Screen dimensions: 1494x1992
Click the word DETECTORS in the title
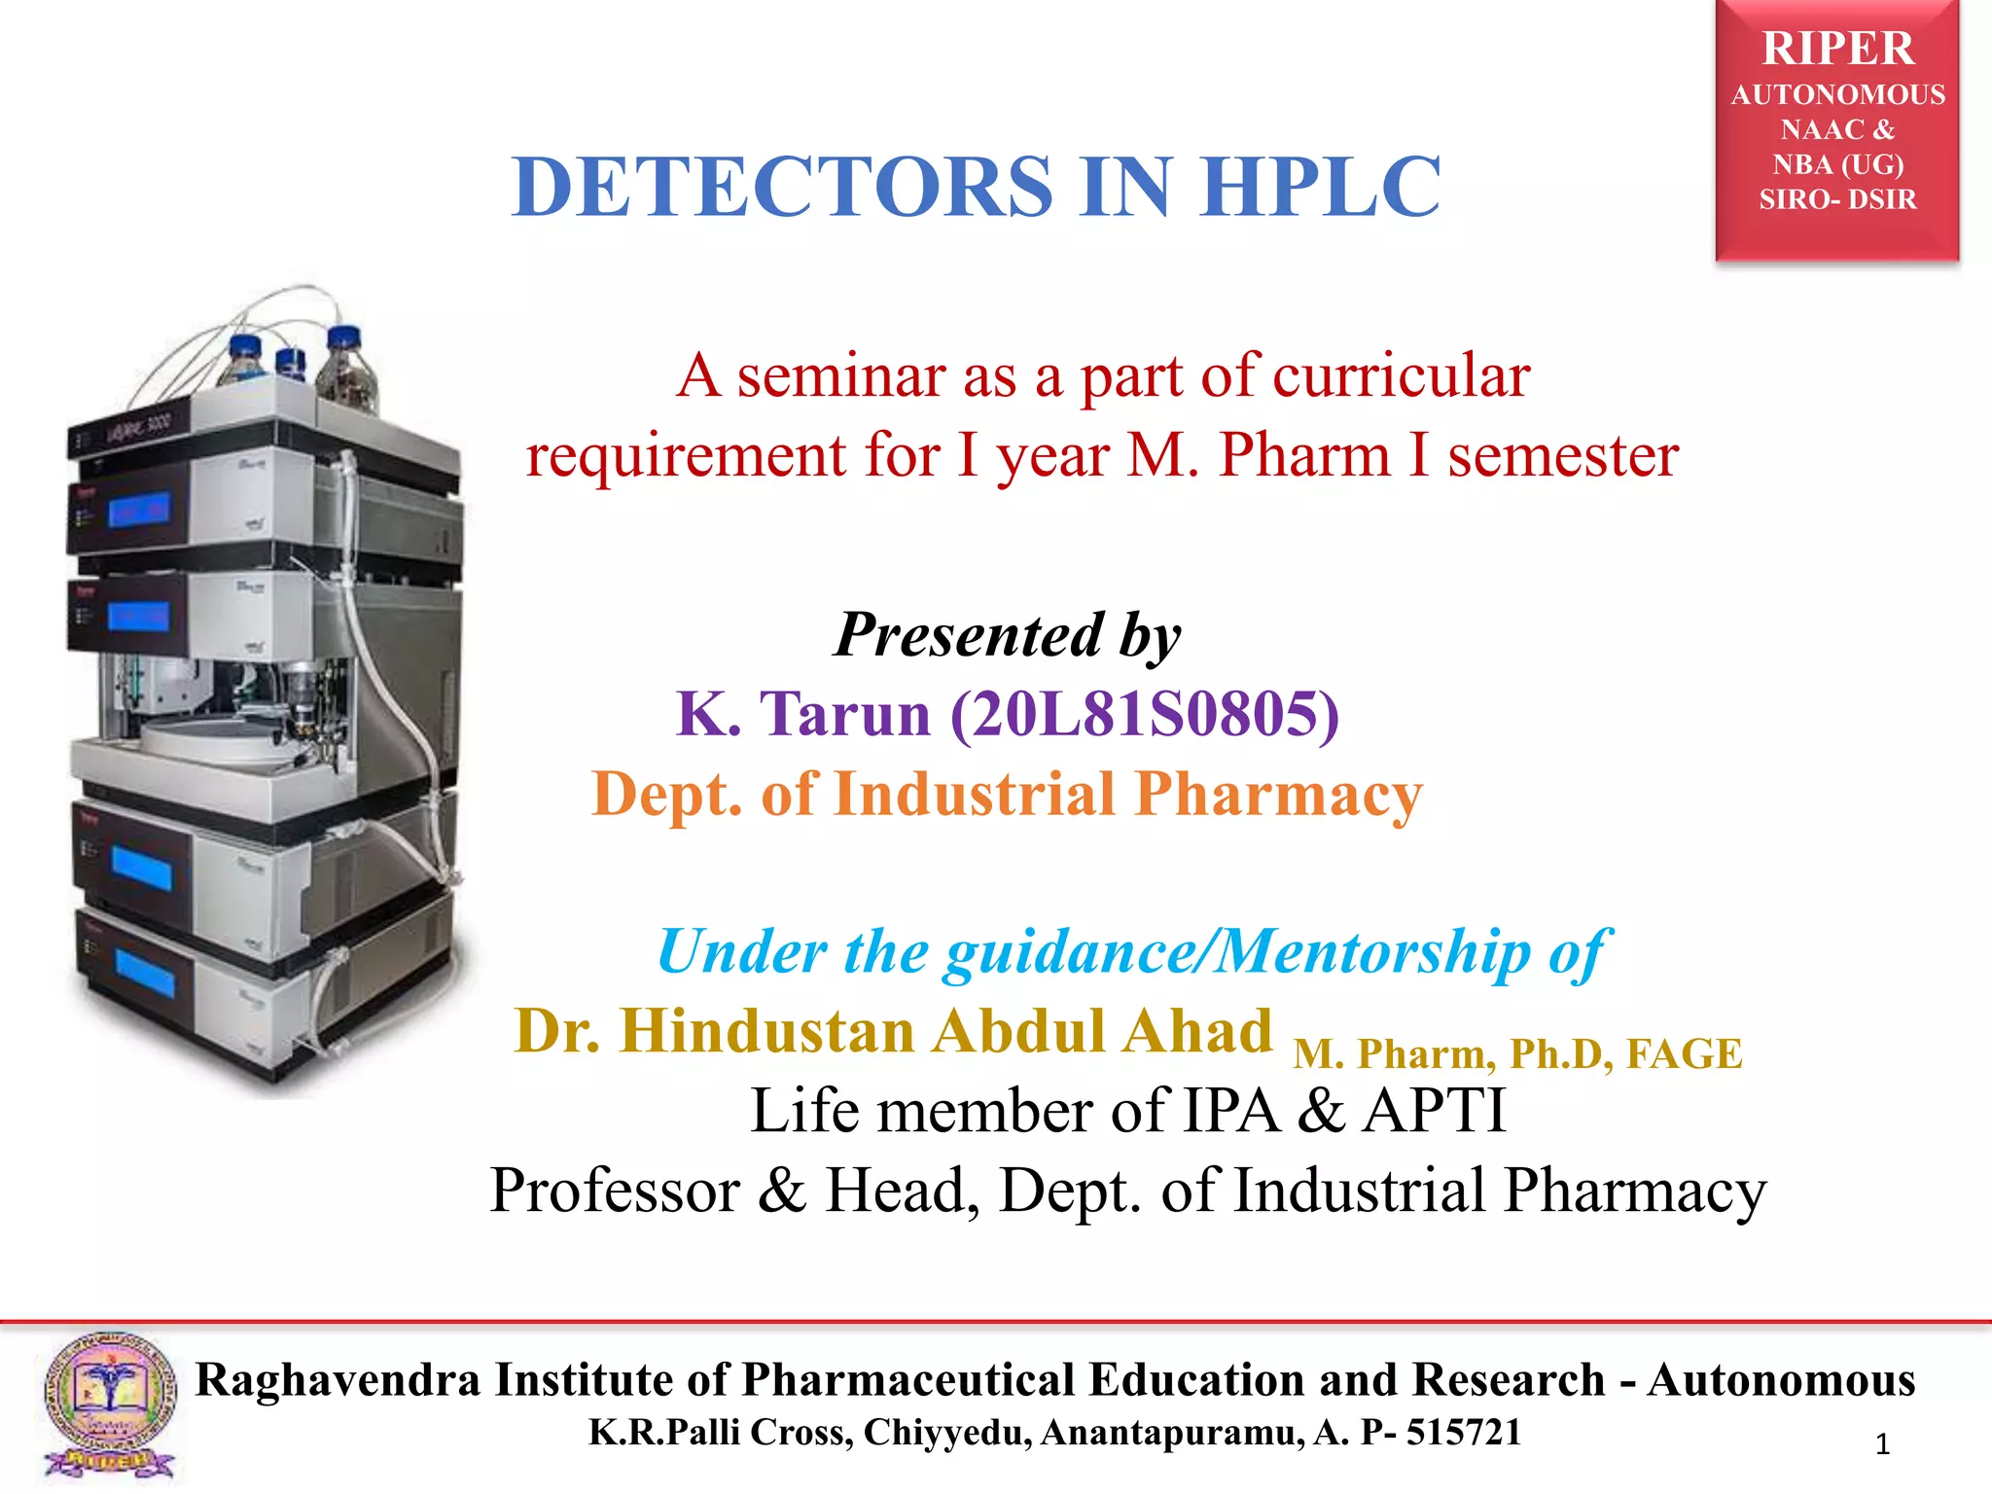783,187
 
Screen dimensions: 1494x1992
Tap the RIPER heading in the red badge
1837,49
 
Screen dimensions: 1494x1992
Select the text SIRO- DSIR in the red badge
1837,199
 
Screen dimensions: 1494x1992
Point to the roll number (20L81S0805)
1145,715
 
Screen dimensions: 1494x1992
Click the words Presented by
1008,635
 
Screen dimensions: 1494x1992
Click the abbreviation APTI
1434,1111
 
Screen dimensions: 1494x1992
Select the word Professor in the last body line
615,1191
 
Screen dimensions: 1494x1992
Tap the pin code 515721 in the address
1463,1433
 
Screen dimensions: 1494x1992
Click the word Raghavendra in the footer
338,1380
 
